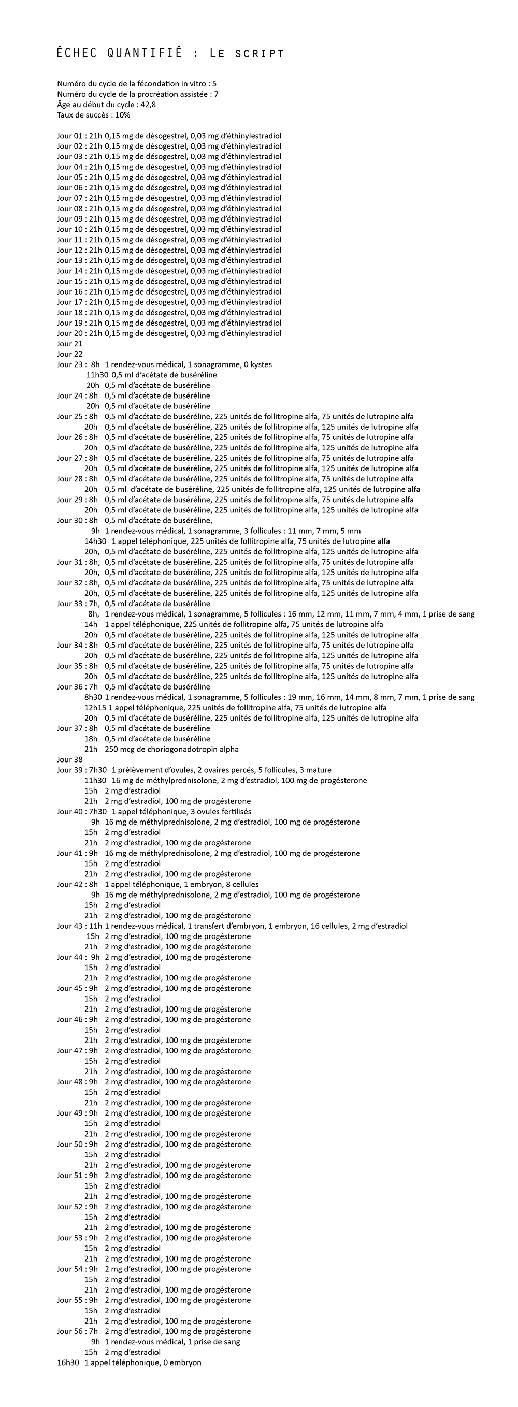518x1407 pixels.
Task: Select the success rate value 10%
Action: click(x=122, y=115)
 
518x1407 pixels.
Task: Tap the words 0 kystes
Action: click(x=255, y=365)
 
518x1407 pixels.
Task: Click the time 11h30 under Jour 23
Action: click(x=97, y=375)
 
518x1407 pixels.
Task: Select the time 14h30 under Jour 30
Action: click(x=95, y=541)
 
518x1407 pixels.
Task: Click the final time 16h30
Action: click(x=68, y=1363)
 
